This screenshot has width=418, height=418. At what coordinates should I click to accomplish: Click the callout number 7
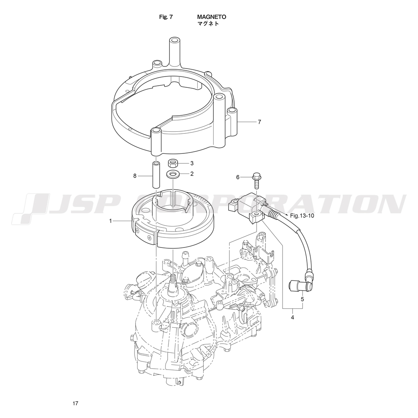(260, 122)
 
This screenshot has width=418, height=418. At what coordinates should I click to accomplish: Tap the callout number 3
(192, 163)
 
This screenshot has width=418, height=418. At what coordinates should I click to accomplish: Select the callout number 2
(192, 174)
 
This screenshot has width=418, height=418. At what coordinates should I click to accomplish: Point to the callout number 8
(135, 176)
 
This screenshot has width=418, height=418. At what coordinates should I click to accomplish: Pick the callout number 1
(110, 221)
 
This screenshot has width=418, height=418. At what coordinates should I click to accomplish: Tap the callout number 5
(302, 299)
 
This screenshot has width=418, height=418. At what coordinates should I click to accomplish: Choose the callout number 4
(293, 318)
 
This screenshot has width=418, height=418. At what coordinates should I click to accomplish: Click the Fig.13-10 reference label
(302, 216)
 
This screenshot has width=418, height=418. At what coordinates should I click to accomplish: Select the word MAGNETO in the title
(212, 17)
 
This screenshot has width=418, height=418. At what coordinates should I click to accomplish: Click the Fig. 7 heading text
(166, 17)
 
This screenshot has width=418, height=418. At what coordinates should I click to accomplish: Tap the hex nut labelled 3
(173, 163)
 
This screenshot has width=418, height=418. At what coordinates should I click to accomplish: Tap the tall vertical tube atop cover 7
(174, 52)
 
